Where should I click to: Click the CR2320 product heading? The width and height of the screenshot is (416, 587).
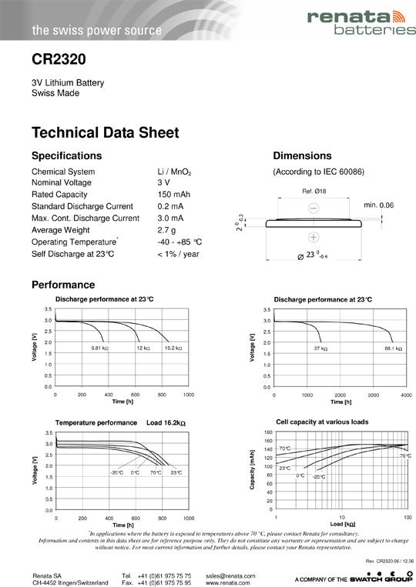[x=59, y=59]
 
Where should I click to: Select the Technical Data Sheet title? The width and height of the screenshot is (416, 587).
[x=106, y=132]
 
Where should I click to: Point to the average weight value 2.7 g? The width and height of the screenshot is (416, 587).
[x=166, y=230]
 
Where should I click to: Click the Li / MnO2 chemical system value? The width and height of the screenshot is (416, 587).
[x=174, y=172]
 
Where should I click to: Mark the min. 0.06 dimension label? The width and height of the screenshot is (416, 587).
[x=378, y=205]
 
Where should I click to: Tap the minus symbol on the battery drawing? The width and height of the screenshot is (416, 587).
[x=314, y=208]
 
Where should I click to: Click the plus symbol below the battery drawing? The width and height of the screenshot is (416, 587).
[x=314, y=237]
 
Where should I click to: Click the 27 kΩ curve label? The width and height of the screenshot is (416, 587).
[x=320, y=349]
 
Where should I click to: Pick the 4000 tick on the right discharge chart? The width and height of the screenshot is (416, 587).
[x=406, y=394]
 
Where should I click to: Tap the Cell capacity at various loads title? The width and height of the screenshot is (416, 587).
[x=322, y=422]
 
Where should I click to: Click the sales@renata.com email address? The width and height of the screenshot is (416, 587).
[x=230, y=575]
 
